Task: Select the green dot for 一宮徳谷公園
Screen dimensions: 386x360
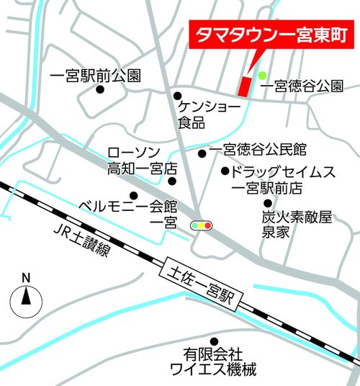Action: (x=263, y=75)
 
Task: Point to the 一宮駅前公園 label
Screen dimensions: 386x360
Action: (x=96, y=75)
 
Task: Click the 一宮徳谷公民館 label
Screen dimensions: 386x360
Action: (x=258, y=151)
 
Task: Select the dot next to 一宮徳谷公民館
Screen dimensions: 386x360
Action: (x=202, y=152)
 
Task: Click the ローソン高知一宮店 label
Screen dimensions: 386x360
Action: (x=140, y=161)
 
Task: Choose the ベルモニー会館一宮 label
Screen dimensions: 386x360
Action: (x=127, y=213)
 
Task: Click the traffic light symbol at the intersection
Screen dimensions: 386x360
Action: (x=202, y=225)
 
